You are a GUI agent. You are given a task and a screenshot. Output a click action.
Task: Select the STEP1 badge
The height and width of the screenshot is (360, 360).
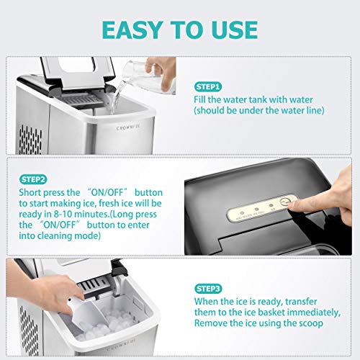click(x=210, y=85)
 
